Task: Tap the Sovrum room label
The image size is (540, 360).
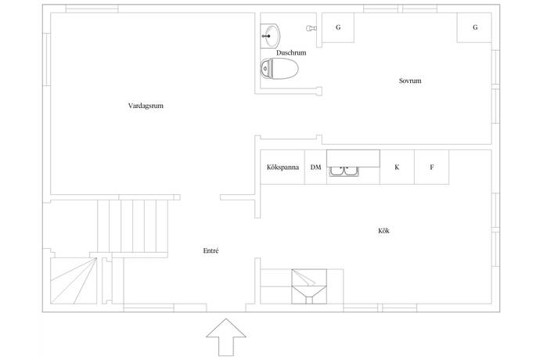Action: (409, 81)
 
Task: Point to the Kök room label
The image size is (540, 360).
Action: (383, 231)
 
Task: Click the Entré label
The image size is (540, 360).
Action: (210, 250)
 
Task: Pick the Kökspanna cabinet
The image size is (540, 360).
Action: (282, 167)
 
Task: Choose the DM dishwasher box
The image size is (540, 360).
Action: (315, 167)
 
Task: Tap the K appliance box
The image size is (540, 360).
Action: (397, 167)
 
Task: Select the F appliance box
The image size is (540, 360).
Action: (431, 167)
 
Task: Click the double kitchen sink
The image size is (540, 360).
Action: (344, 170)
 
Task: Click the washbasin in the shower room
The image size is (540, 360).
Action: (271, 34)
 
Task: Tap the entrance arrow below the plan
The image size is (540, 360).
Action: (226, 338)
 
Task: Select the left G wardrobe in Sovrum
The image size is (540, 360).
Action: (338, 27)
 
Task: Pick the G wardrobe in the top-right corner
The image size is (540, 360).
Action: (475, 27)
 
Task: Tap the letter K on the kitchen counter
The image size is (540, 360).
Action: (397, 167)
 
